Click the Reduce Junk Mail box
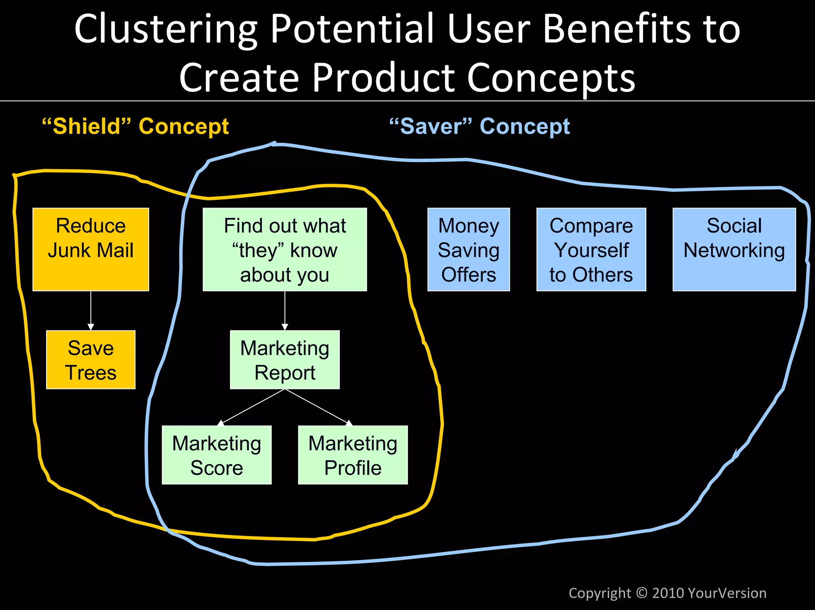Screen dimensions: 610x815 pyautogui.click(x=91, y=249)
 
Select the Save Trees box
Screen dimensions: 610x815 pyautogui.click(x=91, y=360)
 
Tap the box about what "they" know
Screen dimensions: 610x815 pyautogui.click(x=285, y=249)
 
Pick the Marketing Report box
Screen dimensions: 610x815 pyautogui.click(x=285, y=360)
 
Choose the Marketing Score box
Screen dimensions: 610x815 pyautogui.click(x=216, y=455)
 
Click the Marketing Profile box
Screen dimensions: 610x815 pyautogui.click(x=353, y=455)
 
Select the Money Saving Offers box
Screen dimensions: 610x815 pyautogui.click(x=468, y=249)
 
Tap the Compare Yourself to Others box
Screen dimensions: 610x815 pyautogui.click(x=591, y=249)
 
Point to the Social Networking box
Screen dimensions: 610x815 pyautogui.click(x=734, y=249)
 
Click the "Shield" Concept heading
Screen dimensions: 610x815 pyautogui.click(x=135, y=126)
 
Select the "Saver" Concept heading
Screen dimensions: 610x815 pyautogui.click(x=480, y=126)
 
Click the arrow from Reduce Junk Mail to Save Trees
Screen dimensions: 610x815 pyautogui.click(x=91, y=310)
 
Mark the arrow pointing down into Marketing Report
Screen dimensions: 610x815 pyautogui.click(x=285, y=310)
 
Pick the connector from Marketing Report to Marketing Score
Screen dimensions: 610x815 pyautogui.click(x=252, y=407)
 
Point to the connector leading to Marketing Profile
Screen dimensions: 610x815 pyautogui.click(x=318, y=406)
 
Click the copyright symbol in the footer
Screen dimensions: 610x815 pyautogui.click(x=641, y=593)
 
